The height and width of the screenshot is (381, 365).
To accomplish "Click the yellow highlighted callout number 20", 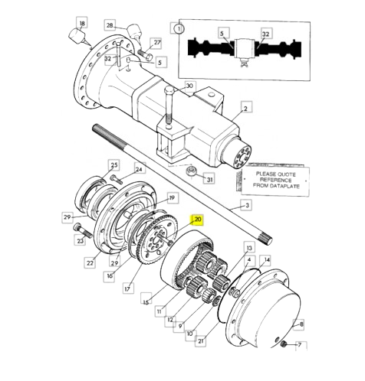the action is click(x=198, y=220).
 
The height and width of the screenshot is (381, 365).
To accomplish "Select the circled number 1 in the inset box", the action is click(x=179, y=28).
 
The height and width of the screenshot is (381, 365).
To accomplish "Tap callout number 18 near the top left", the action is click(x=82, y=24).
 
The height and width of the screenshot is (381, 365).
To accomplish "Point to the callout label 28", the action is click(x=110, y=25).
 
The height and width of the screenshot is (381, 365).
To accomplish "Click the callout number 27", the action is click(x=156, y=43).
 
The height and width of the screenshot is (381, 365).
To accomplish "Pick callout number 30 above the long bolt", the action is click(x=189, y=86).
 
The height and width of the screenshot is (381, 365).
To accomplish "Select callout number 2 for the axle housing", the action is click(x=245, y=109).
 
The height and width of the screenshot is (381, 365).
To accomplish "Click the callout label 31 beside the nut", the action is click(x=209, y=180).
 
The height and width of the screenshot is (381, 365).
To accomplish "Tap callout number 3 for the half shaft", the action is click(x=247, y=205).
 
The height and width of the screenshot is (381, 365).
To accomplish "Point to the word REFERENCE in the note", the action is click(x=275, y=181).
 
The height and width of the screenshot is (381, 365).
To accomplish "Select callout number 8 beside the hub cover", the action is click(x=301, y=324).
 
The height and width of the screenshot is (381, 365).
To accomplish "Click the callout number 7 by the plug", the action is click(x=300, y=345).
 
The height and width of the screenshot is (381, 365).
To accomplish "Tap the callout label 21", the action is click(x=200, y=341).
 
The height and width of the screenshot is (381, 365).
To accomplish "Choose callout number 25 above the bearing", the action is click(x=114, y=165).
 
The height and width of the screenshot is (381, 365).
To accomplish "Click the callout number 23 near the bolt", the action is click(x=81, y=241).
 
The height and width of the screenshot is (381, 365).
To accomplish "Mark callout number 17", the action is click(x=127, y=288).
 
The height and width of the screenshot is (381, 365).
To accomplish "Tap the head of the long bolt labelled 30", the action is click(x=169, y=90).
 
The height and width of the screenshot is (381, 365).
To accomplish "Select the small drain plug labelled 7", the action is click(x=283, y=344).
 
